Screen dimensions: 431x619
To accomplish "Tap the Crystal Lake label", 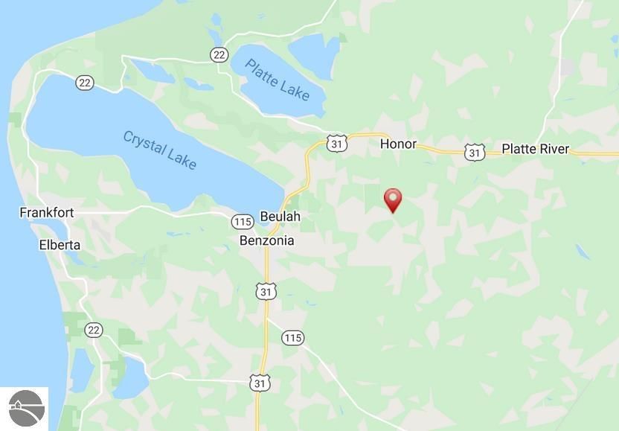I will (159, 150).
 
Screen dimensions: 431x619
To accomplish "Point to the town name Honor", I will (398, 144).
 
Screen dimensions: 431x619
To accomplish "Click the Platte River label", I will (535, 149).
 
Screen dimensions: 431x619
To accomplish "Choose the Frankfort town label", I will (47, 213).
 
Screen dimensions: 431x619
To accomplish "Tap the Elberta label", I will (60, 245).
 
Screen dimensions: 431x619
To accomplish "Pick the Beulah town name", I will (280, 217).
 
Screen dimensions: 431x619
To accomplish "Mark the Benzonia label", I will (266, 240).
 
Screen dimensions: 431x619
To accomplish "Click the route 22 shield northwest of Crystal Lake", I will (84, 83).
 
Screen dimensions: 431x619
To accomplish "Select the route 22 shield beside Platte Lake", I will (219, 54).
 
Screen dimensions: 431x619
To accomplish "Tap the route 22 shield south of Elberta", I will (94, 330).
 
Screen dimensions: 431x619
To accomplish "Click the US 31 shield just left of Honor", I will (337, 143).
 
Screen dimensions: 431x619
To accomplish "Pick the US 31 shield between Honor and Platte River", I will (474, 152).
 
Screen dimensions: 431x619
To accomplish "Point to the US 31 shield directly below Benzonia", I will (266, 291).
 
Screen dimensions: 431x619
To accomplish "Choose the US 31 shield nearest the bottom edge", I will (259, 383).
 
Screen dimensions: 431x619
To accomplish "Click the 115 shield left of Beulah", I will (242, 222).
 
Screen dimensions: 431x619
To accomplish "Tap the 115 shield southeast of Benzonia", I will (292, 338).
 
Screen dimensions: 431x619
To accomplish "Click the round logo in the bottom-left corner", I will (25, 408).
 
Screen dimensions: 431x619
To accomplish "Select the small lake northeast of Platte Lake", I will (314, 50).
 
